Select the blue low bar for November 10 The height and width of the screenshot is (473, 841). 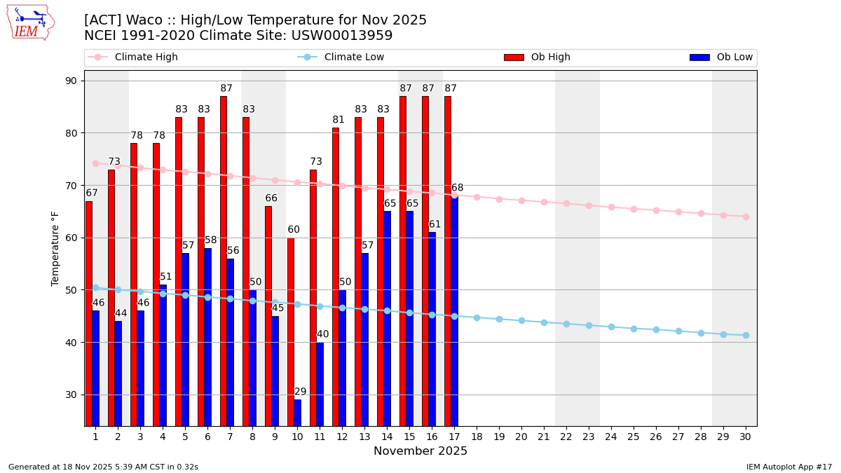(x=298, y=413)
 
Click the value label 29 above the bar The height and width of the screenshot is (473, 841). (x=300, y=392)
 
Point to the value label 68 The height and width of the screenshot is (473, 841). (x=457, y=188)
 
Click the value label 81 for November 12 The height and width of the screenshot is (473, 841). (x=339, y=120)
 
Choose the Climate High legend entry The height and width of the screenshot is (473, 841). (x=146, y=57)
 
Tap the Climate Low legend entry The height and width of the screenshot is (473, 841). (x=354, y=57)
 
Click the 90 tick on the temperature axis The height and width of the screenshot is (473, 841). (x=71, y=81)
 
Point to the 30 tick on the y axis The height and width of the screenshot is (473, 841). (x=71, y=395)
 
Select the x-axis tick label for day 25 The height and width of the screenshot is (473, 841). (x=634, y=437)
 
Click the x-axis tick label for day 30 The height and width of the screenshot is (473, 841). (x=746, y=437)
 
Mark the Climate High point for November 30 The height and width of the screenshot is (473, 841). (x=746, y=217)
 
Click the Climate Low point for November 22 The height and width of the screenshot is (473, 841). (x=566, y=324)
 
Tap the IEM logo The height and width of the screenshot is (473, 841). (x=30, y=22)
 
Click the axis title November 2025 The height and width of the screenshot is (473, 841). (x=420, y=451)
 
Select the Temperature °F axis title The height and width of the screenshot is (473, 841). (x=55, y=248)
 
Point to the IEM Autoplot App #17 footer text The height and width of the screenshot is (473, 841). (x=788, y=467)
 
